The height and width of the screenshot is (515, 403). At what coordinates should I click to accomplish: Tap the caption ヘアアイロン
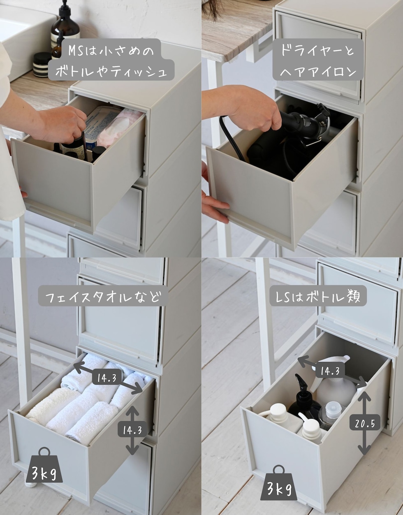point(318,71)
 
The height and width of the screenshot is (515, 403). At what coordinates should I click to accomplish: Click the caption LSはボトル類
point(318,296)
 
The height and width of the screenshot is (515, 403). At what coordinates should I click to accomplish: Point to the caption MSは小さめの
point(111,51)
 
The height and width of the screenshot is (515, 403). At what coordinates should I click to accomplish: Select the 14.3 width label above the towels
point(107,377)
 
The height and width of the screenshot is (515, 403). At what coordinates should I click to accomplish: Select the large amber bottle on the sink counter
point(65,24)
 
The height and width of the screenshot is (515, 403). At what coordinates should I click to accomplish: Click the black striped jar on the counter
point(42,65)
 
